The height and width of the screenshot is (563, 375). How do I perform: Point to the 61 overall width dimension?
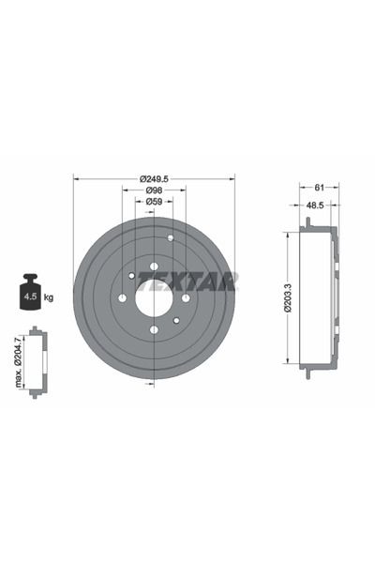(x=319, y=187)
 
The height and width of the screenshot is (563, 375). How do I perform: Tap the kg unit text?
(x=49, y=297)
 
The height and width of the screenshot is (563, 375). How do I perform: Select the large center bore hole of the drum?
(x=154, y=298)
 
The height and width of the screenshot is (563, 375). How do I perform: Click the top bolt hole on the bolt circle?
(x=154, y=267)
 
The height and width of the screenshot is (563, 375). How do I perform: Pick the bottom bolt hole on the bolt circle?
(x=154, y=329)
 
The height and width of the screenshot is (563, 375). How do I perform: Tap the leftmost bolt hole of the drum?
(x=122, y=298)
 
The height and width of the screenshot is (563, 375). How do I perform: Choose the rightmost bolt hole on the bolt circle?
(x=186, y=298)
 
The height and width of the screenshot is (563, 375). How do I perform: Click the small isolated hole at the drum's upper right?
(x=171, y=237)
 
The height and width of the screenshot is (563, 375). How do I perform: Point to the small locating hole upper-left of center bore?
(x=130, y=276)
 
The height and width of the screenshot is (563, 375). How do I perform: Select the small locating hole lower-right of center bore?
(x=176, y=321)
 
